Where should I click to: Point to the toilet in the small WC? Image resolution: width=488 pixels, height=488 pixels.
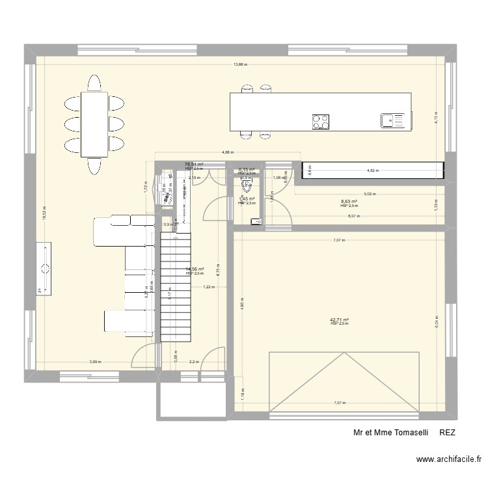(x=247, y=186)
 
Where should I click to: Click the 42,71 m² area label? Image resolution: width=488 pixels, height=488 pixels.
(x=340, y=319)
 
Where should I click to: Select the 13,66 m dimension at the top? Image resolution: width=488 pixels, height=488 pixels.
(x=241, y=64)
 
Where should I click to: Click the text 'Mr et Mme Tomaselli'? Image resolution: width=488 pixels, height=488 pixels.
(x=390, y=432)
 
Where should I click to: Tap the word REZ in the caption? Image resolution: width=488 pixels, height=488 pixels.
(x=448, y=432)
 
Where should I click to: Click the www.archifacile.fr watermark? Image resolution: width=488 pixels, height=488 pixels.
(x=450, y=461)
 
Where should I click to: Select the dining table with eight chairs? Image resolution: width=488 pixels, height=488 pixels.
(x=94, y=124)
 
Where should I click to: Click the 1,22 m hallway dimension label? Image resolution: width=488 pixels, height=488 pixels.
(x=208, y=287)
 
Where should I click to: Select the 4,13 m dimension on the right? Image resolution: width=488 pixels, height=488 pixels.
(x=437, y=116)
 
